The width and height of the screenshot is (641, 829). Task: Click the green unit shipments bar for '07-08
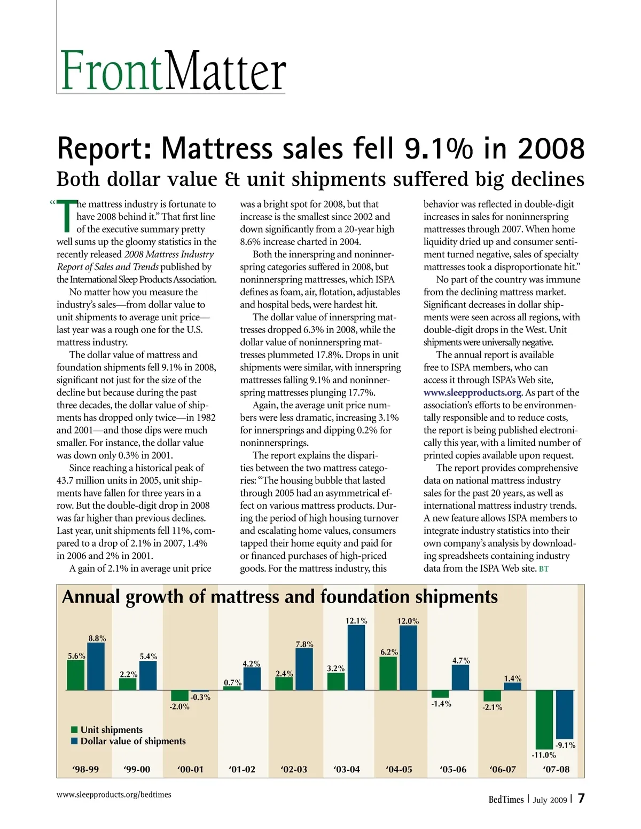tap(544, 719)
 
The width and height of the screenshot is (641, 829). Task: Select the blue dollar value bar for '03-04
tap(356, 658)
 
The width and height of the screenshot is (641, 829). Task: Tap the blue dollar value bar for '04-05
tap(408, 658)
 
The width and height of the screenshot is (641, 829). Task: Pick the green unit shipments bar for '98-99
tap(76, 675)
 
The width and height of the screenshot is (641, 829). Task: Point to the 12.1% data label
tap(356, 621)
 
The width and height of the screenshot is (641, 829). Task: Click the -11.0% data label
tap(544, 755)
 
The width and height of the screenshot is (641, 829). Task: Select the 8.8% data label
tap(97, 638)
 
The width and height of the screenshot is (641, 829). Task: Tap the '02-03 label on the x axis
tap(294, 769)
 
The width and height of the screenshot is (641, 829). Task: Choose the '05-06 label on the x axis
tap(453, 769)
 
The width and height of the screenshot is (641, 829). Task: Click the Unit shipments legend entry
tap(111, 730)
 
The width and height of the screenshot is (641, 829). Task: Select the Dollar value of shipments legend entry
tap(132, 741)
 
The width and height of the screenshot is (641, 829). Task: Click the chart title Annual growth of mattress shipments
tap(280, 597)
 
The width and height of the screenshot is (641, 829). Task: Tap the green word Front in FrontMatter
tap(111, 71)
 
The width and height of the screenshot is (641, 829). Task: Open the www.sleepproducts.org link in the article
tap(472, 392)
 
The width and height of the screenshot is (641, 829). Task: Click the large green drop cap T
tap(66, 216)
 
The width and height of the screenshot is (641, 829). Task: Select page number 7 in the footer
tap(581, 799)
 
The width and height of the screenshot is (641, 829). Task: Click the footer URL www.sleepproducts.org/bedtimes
tap(114, 794)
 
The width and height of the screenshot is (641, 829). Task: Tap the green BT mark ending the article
tap(544, 569)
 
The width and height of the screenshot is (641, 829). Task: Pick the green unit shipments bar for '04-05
tap(388, 673)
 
